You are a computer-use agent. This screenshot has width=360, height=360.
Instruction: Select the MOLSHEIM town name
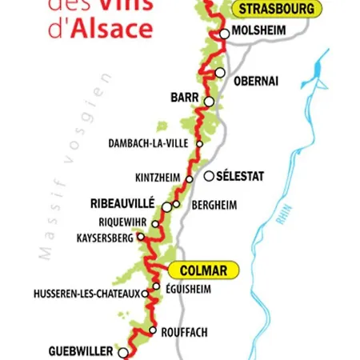tap(260, 33)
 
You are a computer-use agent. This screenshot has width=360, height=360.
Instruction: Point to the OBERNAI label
tap(255, 82)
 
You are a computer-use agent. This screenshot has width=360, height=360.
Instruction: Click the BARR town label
tap(184, 98)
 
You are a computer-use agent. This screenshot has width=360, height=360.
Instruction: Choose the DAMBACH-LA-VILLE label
tap(150, 144)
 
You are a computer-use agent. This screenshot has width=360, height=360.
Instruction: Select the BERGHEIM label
tap(214, 205)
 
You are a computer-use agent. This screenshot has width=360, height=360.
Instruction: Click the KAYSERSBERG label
tap(105, 238)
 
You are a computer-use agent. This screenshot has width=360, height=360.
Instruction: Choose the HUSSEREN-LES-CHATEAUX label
tap(87, 294)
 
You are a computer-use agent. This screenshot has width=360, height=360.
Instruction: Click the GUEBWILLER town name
tap(81, 351)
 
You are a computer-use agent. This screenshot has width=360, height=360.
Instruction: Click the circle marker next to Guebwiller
tap(122, 352)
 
